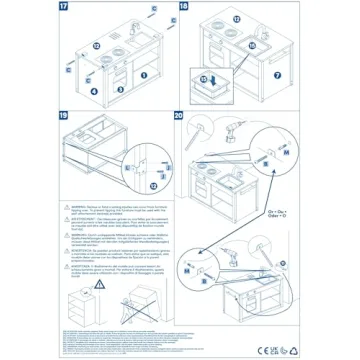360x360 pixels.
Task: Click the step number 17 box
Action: (8, 7)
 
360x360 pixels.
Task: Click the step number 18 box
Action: (184, 7)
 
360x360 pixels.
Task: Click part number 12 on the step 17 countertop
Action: (97, 45)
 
